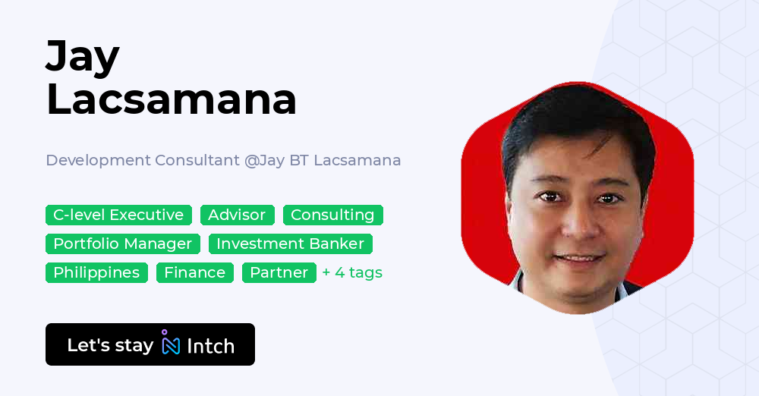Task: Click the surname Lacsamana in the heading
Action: click(x=172, y=99)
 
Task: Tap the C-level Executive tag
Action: click(x=118, y=215)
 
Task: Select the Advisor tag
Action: click(x=237, y=215)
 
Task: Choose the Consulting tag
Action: click(x=332, y=215)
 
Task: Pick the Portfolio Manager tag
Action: click(x=123, y=244)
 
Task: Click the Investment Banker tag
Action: click(x=290, y=244)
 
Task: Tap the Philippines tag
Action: click(x=96, y=272)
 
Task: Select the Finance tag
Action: click(x=194, y=272)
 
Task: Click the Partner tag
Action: click(x=279, y=272)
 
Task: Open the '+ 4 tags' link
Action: click(x=352, y=272)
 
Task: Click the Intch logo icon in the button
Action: click(x=171, y=344)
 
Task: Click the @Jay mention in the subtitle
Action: click(x=263, y=160)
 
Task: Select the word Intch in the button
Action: click(x=210, y=346)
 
